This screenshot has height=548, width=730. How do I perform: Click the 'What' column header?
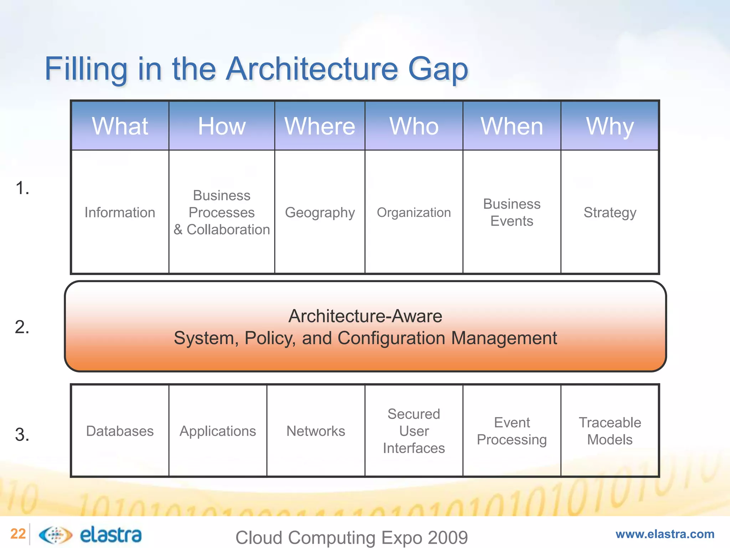point(120,126)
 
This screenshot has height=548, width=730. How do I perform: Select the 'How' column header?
point(222,126)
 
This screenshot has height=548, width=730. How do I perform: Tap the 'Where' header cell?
point(320,126)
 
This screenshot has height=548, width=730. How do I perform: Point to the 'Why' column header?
point(610,126)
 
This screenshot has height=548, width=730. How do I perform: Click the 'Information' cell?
point(120,213)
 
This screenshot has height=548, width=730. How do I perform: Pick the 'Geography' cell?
point(320,213)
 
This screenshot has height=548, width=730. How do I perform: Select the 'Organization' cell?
point(414,213)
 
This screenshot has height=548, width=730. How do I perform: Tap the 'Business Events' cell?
point(512,213)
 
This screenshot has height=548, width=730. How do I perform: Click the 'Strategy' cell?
point(610,213)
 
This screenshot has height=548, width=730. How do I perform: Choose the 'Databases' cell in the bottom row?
point(120,431)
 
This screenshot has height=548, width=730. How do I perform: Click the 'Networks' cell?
point(316,431)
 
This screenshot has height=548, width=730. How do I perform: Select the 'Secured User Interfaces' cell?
point(414,431)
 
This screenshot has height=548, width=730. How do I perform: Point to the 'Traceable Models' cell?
point(610,431)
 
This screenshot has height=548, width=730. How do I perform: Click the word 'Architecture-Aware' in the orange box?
point(365,316)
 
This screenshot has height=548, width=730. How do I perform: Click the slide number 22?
point(18,534)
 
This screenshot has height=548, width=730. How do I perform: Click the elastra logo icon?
point(55,535)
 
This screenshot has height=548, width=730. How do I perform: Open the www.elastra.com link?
point(665,534)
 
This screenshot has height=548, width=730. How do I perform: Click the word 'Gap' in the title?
point(437,70)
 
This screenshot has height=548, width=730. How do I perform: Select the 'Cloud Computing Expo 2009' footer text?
point(351,537)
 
